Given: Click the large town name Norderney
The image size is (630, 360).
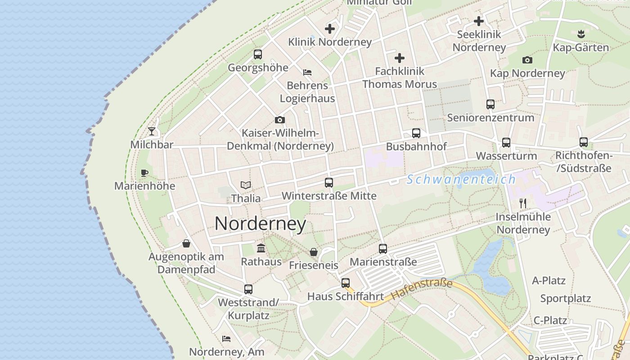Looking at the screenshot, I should click(x=260, y=224).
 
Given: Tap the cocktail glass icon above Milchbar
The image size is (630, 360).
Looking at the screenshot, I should click(x=152, y=131).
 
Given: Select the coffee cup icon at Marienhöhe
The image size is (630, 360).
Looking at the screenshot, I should click(x=144, y=173).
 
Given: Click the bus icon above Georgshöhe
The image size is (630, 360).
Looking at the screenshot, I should click(x=258, y=54).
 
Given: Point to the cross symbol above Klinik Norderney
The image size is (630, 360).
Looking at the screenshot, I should click(x=330, y=29).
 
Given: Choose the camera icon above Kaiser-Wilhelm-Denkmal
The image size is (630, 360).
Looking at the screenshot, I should click(x=280, y=120).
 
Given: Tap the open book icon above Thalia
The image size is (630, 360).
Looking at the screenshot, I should click(x=246, y=185).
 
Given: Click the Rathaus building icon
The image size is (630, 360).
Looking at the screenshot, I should click(x=261, y=248).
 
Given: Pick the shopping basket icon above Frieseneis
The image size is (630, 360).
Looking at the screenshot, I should click(x=314, y=252).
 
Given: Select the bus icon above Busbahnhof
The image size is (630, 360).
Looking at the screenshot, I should click(x=416, y=133).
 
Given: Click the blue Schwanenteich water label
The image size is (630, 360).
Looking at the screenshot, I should click(x=461, y=180).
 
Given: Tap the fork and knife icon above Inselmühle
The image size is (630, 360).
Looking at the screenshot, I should click(x=523, y=203).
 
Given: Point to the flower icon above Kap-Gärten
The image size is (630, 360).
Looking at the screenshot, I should click(x=580, y=34).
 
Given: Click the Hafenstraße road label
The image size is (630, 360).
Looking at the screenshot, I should click(x=422, y=289).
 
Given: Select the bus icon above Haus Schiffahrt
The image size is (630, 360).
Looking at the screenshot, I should click(x=346, y=283).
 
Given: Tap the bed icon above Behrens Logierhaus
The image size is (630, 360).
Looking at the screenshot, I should click(x=307, y=72).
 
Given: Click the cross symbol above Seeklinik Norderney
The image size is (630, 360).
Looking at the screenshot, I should click(x=479, y=21).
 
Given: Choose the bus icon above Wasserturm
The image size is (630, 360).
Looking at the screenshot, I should click(x=506, y=143).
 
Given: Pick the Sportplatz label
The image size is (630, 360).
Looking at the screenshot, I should click(x=566, y=298).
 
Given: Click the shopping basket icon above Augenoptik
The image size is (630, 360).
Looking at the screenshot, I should click(x=186, y=243).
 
